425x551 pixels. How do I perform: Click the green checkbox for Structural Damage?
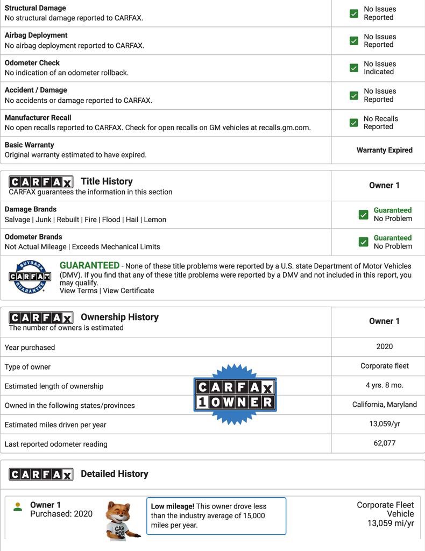353,13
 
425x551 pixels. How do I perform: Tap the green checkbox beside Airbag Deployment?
353,41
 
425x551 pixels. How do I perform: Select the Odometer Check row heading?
32,63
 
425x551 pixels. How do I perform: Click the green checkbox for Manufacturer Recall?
353,123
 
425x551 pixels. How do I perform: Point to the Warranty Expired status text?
384,150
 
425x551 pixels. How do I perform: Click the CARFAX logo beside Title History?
41,182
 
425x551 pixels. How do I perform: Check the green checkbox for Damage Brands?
363,215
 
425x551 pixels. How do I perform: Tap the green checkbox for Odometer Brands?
363,242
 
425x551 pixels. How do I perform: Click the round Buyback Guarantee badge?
30,277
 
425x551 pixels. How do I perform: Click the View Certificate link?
129,291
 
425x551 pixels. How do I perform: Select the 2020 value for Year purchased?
384,347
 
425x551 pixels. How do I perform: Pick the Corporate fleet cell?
384,366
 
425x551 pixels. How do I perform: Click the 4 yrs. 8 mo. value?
384,385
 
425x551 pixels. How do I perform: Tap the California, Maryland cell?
384,405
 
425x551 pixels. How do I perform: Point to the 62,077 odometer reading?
384,443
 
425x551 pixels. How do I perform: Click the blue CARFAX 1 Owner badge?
235,394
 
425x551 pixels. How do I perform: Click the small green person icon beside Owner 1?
18,507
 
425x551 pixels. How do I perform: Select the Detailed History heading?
114,474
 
